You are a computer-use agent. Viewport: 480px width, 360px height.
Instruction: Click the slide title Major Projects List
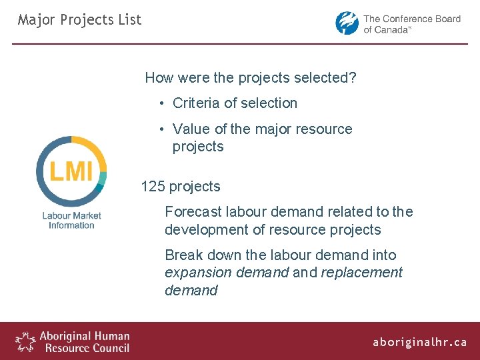79,20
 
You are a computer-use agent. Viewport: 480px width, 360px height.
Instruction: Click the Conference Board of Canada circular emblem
347,23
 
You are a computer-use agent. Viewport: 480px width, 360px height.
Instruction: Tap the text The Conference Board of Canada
411,24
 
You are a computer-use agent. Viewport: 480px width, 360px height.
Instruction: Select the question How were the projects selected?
251,77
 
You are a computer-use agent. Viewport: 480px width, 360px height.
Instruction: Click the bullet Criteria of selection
235,103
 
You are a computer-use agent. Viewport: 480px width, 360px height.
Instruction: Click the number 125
153,187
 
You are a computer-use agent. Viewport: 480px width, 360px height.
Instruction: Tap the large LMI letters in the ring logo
71,171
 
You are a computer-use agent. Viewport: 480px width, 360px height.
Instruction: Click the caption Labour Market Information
71,220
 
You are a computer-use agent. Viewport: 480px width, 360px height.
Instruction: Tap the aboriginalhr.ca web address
420,342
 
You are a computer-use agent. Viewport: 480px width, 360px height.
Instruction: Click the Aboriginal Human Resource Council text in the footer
84,341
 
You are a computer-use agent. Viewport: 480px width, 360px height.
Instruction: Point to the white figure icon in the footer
26,341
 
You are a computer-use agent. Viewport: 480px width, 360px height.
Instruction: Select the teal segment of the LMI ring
103,178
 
